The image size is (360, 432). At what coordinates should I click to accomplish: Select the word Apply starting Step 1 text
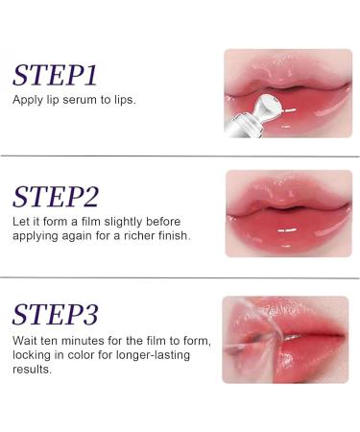pyautogui.click(x=27, y=100)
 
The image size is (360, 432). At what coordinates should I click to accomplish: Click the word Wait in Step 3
pyautogui.click(x=25, y=340)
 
